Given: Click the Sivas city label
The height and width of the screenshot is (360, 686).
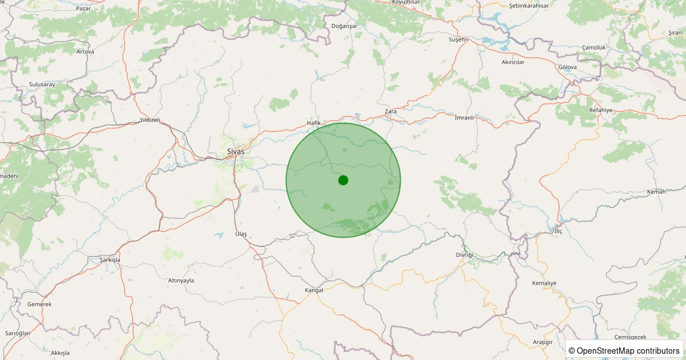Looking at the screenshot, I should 236,151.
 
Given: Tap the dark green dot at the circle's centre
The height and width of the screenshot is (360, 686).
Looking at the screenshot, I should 343,180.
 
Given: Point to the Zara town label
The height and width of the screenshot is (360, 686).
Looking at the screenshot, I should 391,111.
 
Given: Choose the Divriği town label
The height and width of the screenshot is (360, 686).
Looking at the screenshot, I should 465,254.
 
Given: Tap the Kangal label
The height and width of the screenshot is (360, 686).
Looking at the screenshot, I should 314,290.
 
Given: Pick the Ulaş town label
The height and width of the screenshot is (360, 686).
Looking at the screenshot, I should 241,234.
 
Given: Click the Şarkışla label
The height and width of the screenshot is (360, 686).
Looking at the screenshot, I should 106,259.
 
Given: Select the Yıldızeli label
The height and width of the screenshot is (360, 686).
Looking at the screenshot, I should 150,120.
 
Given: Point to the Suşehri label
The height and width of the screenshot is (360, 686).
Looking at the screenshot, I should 458,39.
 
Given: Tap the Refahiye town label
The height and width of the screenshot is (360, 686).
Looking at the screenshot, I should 600,110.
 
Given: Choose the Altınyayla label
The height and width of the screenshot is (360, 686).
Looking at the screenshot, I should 181,281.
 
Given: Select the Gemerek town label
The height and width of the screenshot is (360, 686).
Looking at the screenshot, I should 39,304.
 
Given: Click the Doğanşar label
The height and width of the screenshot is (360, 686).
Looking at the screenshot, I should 344,26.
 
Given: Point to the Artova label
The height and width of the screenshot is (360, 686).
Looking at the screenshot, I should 85,51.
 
